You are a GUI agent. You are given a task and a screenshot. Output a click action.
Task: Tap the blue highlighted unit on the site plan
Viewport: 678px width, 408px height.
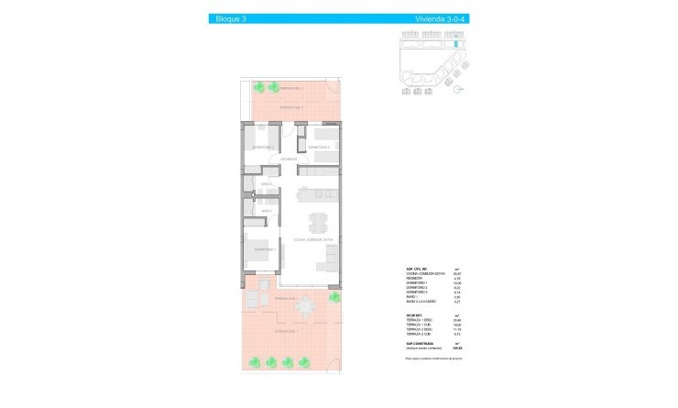[453, 43]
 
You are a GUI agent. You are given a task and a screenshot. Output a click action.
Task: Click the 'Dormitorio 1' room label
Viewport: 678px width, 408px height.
[264, 249]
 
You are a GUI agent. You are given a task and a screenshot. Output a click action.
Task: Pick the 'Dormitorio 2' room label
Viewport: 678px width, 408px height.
[264, 147]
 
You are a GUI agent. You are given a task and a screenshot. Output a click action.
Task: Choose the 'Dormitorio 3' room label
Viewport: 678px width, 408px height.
[318, 147]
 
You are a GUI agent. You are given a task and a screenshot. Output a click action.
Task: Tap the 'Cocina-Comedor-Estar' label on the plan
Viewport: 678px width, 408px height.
[314, 240]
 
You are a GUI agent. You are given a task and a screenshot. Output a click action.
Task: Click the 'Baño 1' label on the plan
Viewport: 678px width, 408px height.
[267, 212]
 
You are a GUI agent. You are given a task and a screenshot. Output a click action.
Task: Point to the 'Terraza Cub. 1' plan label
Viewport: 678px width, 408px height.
[290, 298]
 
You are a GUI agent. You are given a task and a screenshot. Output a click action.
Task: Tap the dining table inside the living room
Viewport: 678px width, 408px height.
[317, 222]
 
